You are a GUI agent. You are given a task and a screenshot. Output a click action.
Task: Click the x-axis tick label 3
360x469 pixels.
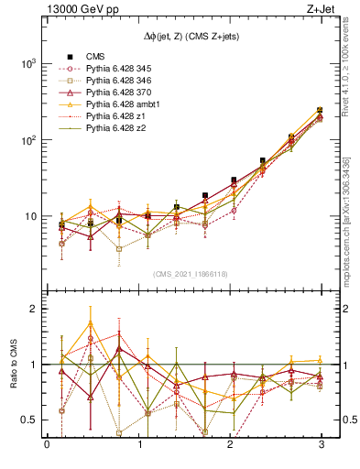click(320, 446)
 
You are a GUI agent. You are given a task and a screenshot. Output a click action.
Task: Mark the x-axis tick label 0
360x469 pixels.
click(47, 446)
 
